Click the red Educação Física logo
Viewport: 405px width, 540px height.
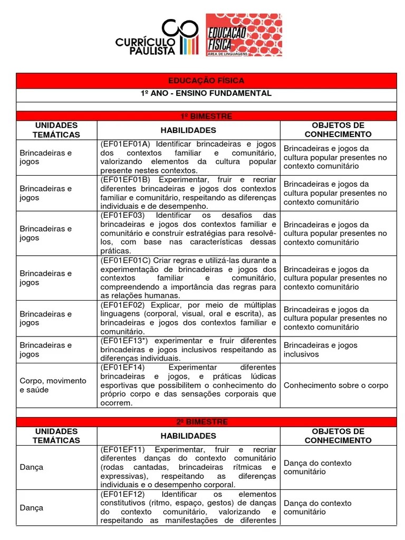[x=244, y=35]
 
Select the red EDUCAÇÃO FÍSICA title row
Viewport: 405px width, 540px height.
[x=206, y=81]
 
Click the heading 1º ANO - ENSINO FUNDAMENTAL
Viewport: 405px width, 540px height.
[x=206, y=93]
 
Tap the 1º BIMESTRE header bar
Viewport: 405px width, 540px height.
[x=206, y=116]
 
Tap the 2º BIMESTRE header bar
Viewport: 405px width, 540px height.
[x=206, y=422]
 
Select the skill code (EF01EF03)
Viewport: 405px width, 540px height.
[x=122, y=216]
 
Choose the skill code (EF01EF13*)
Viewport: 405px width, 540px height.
[x=125, y=341]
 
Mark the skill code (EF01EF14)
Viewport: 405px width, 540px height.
[x=122, y=367]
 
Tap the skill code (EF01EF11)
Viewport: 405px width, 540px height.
[x=122, y=449]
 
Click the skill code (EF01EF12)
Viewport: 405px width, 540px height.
[x=122, y=494]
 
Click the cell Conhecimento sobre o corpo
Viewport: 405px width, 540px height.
[x=335, y=385]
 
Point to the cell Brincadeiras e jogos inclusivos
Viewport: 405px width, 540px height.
[x=321, y=350]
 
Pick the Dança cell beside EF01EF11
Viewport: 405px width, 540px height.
[x=32, y=467]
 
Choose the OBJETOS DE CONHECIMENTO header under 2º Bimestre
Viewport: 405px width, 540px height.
[x=338, y=436]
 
